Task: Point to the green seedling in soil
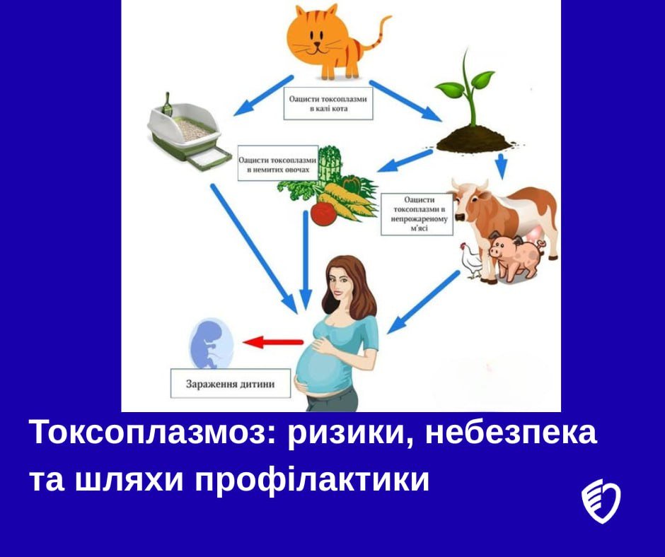pyautogui.click(x=463, y=106)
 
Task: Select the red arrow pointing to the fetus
pyautogui.click(x=272, y=343)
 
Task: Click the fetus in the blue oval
pyautogui.click(x=209, y=342)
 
